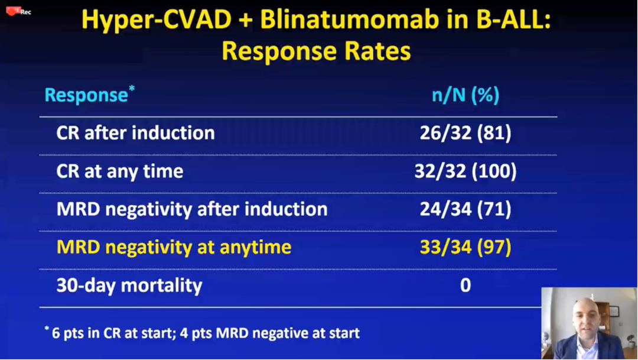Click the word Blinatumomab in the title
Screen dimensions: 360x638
(339, 20)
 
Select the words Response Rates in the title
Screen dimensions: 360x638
(316, 51)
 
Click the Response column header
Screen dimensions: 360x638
(86, 95)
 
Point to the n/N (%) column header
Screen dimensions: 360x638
(465, 95)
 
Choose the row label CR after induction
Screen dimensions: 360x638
(135, 133)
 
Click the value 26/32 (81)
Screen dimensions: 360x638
(465, 133)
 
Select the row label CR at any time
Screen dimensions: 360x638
(119, 171)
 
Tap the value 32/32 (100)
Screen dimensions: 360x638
(465, 171)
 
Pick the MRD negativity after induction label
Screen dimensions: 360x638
(191, 209)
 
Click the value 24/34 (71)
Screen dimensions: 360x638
(465, 209)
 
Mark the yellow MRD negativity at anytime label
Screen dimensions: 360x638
(174, 247)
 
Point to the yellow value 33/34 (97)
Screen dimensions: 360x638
(465, 247)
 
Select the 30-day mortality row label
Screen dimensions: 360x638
(129, 286)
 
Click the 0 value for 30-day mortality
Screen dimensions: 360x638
(465, 286)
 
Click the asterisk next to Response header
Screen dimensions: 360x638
(132, 89)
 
